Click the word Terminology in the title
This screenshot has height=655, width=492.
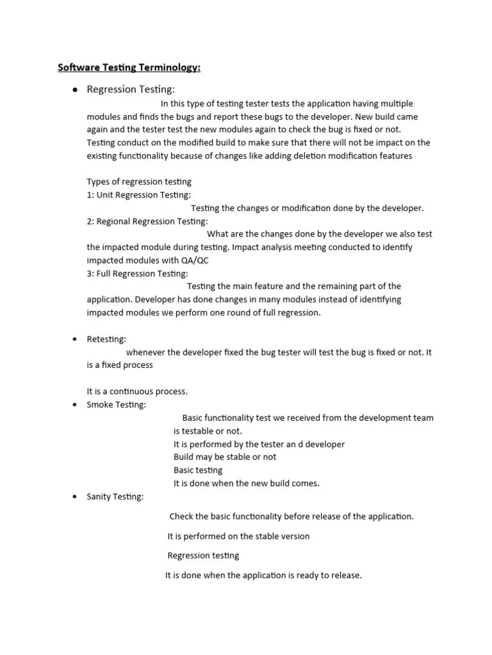pyautogui.click(x=169, y=68)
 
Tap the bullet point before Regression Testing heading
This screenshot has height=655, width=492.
pyautogui.click(x=75, y=90)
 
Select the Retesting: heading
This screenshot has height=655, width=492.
pyautogui.click(x=106, y=339)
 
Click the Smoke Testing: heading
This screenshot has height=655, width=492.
pyautogui.click(x=116, y=405)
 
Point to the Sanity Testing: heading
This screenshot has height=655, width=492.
pyautogui.click(x=115, y=496)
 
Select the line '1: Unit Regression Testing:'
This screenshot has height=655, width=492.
pyautogui.click(x=138, y=194)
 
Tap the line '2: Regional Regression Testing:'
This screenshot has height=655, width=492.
pyautogui.click(x=147, y=221)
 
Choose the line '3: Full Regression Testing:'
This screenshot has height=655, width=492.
pyautogui.click(x=137, y=274)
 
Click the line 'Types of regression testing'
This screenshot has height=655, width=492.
pyautogui.click(x=139, y=182)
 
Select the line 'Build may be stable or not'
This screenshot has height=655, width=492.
pyautogui.click(x=225, y=457)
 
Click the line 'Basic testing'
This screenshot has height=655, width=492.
pyautogui.click(x=198, y=470)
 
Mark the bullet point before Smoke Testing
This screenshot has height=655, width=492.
pyautogui.click(x=75, y=405)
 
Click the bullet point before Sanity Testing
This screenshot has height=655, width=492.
pyautogui.click(x=75, y=497)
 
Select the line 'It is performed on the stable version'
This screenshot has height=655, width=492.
pyautogui.click(x=238, y=536)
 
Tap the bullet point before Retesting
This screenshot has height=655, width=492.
pyautogui.click(x=75, y=339)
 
